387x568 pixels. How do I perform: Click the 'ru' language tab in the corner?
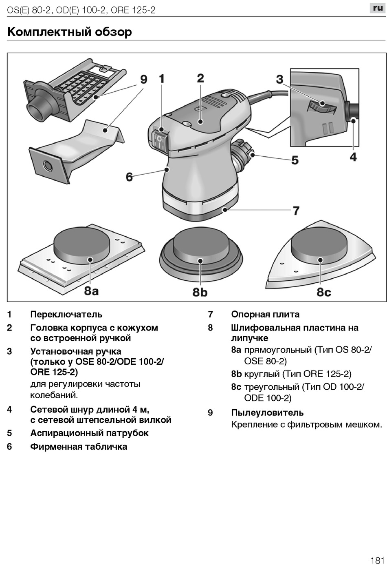click(x=378, y=8)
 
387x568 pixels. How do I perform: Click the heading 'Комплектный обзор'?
click(x=70, y=32)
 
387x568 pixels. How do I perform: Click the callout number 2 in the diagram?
click(x=200, y=78)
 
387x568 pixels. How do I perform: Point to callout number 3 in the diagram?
click(x=279, y=79)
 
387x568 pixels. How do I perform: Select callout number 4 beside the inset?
click(x=353, y=156)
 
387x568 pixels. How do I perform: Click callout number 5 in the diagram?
click(x=295, y=160)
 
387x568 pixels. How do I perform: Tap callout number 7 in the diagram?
click(x=296, y=211)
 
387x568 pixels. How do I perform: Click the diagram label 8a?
click(x=92, y=291)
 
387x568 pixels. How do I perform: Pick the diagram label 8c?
click(x=324, y=292)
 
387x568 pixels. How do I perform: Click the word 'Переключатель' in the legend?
click(x=66, y=314)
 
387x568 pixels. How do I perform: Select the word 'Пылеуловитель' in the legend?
click(x=267, y=413)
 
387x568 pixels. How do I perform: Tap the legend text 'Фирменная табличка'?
click(x=79, y=446)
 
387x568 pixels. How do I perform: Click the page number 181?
click(x=377, y=560)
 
